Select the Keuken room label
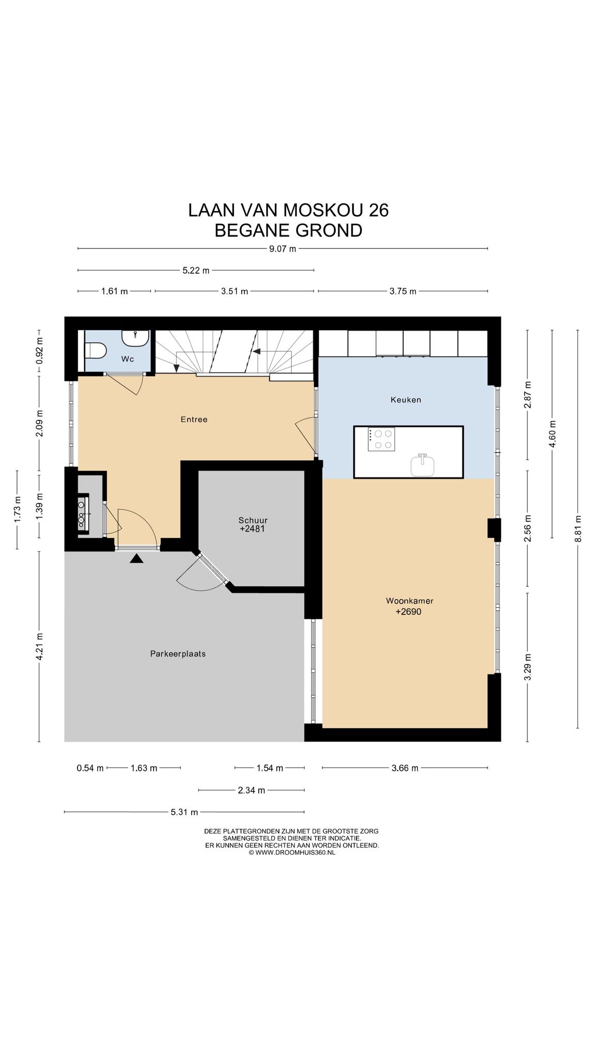coord(405,399)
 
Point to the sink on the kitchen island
coord(422,464)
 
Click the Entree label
coord(194,419)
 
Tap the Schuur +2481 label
coord(253,524)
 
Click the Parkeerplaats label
coord(178,654)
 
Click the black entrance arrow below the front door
coord(136,558)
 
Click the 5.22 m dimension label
coord(196,270)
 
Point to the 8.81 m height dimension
coord(578,529)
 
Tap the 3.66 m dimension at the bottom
coord(405,768)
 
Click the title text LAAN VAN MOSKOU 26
coord(288,210)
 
